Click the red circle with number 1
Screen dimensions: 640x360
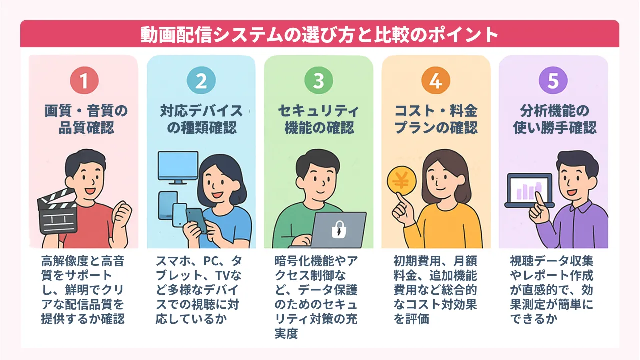tap(84, 80)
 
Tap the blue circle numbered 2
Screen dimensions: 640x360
tap(201, 80)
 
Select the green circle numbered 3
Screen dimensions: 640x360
tap(319, 80)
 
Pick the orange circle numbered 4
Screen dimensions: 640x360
tap(436, 80)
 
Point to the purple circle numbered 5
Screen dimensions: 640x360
tap(553, 80)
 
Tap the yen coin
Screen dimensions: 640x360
tap(401, 181)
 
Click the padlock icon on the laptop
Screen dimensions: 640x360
tap(339, 229)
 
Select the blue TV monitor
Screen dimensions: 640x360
tap(178, 167)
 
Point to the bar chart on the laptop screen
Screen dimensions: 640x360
tap(529, 191)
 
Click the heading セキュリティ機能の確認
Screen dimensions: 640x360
tap(319, 119)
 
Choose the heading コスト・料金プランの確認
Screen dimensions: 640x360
tap(436, 119)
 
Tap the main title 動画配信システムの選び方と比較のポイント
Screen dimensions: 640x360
tap(319, 34)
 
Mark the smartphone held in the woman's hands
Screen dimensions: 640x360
tap(196, 220)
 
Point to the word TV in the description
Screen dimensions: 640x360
tap(223, 275)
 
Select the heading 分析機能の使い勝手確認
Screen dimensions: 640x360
tap(555, 119)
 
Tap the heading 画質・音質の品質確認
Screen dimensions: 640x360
tap(86, 119)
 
